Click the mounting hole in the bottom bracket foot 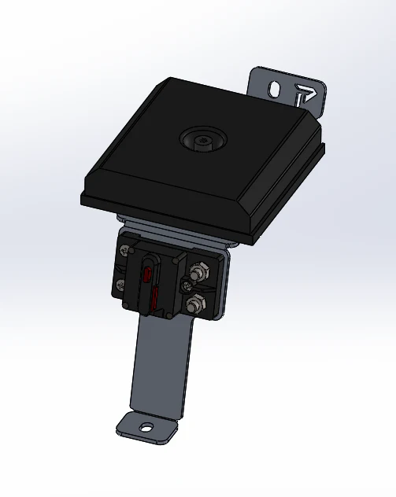coord(145,428)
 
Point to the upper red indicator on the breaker coord(148,274)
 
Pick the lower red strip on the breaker coord(155,299)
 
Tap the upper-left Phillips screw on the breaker coord(124,252)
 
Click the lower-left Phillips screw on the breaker coord(120,285)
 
